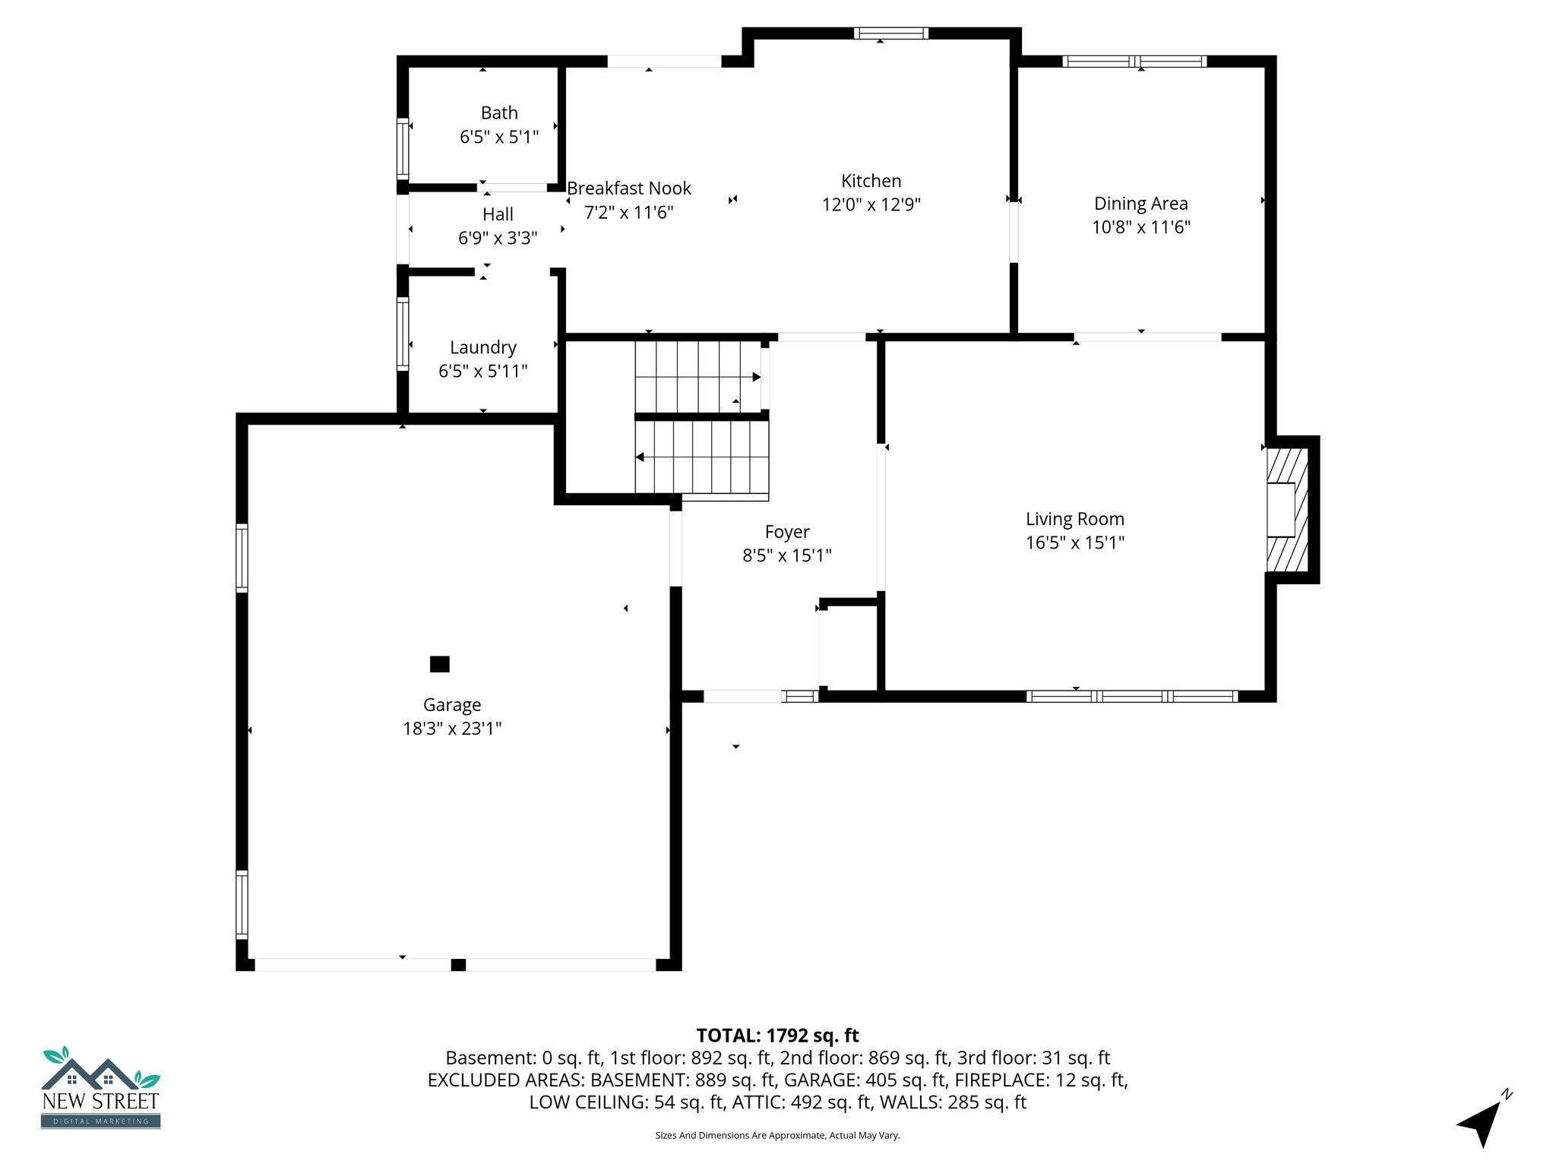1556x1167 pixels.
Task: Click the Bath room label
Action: pos(499,113)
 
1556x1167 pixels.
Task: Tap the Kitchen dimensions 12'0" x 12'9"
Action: pos(871,205)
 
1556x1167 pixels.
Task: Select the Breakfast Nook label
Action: pos(629,188)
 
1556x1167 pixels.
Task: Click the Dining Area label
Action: pos(1140,204)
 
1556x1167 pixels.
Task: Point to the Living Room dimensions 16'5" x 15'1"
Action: pos(1074,542)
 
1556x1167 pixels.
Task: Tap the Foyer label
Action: pos(786,532)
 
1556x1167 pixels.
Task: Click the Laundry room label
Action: pos(482,347)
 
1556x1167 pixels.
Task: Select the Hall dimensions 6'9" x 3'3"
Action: pos(498,239)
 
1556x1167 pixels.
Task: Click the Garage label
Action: pos(452,705)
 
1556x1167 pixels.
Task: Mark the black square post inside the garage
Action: pos(439,664)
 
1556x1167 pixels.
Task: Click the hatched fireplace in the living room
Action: pos(1286,510)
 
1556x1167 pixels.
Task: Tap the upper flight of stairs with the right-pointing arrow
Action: pos(697,377)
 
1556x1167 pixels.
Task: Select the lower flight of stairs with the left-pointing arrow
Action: pos(702,457)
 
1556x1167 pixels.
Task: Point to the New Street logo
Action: pos(100,1088)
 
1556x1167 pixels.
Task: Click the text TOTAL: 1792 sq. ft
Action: pos(777,1036)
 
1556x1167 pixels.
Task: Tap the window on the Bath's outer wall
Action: pos(403,149)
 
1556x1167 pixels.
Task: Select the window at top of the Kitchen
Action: pos(890,33)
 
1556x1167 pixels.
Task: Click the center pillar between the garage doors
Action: pos(458,965)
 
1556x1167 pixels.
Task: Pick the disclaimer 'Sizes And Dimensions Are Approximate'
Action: pos(777,1135)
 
